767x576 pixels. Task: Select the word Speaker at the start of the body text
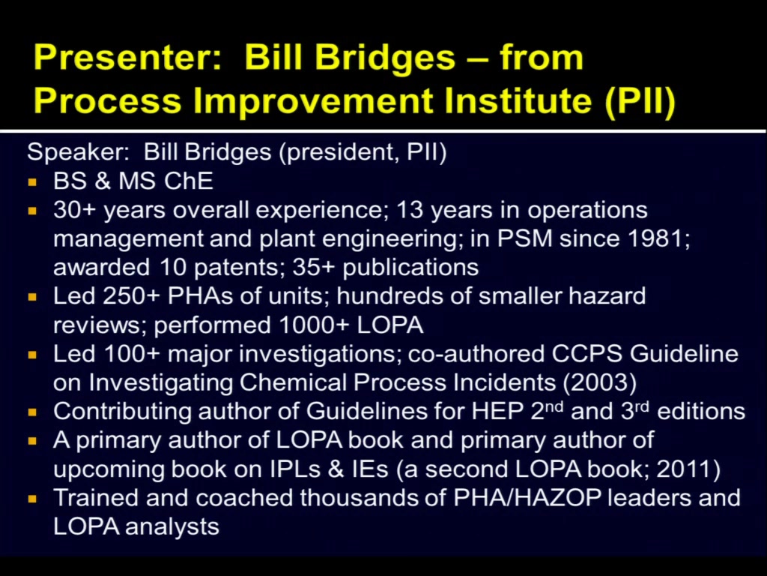tap(78, 152)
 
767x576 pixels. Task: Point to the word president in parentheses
tap(341, 152)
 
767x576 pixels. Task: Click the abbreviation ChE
tap(188, 181)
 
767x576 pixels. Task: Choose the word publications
tap(410, 268)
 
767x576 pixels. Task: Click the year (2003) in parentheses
tap(600, 382)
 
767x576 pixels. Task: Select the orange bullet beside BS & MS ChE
tap(33, 182)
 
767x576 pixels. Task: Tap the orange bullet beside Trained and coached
tap(33, 499)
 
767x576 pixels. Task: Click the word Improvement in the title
tap(314, 100)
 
